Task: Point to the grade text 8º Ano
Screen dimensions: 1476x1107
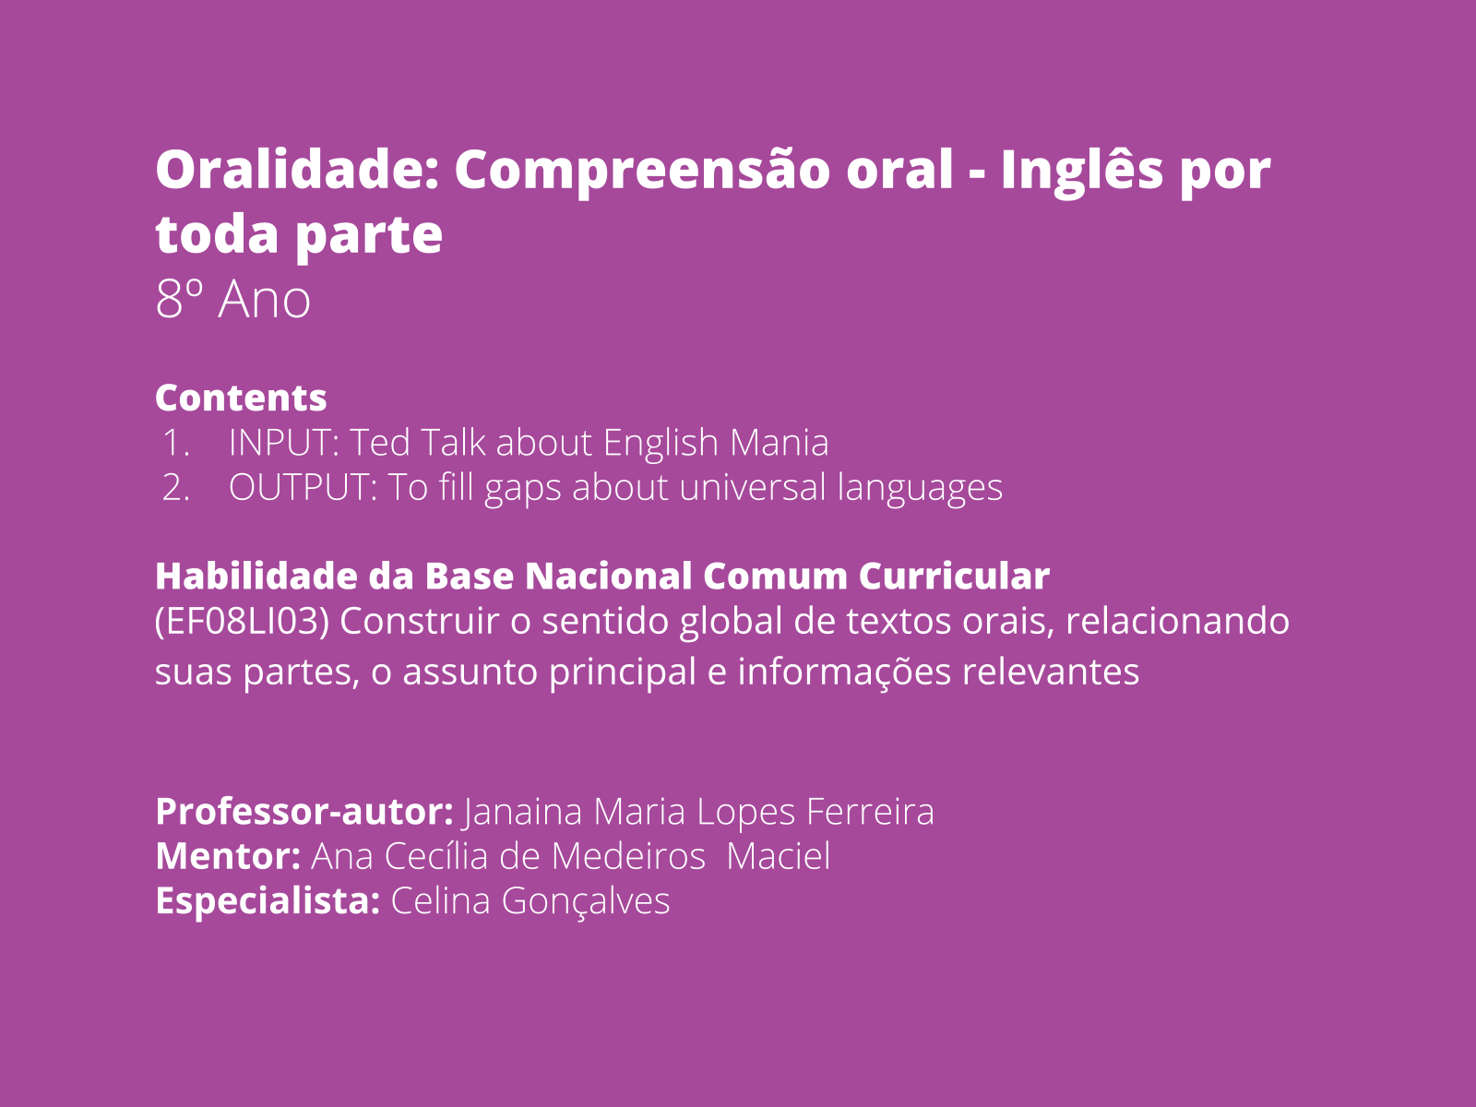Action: [x=232, y=298]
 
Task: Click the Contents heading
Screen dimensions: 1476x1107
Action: [x=241, y=398]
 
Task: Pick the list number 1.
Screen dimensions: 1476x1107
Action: [x=175, y=443]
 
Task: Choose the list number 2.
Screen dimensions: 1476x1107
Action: [x=175, y=487]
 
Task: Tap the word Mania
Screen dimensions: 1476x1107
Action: [x=780, y=443]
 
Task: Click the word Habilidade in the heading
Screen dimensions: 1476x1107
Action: [x=256, y=576]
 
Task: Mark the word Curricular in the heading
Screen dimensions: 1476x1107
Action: [x=954, y=576]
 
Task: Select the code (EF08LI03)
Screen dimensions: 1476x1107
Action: [x=242, y=621]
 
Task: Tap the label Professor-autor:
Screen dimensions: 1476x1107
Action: [x=304, y=811]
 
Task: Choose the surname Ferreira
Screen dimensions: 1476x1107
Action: [x=870, y=811]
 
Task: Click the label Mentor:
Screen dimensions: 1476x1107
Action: [x=228, y=856]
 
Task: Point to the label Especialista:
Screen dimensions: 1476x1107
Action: [x=268, y=901]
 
